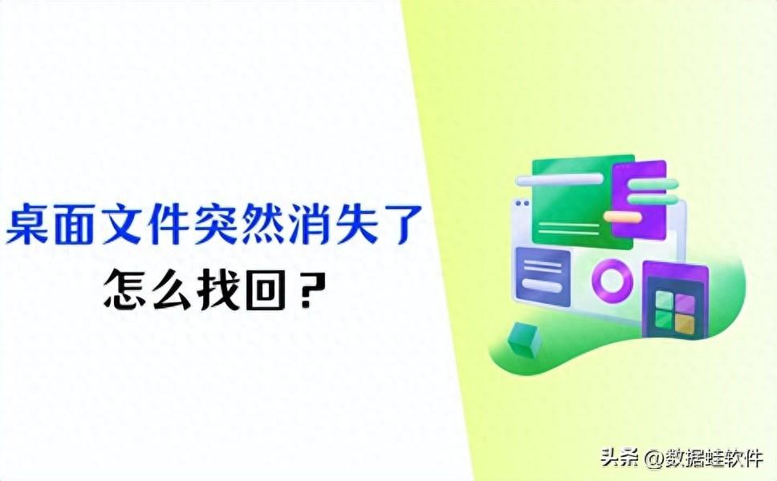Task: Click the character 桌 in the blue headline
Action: [x=30, y=224]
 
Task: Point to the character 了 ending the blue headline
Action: [x=401, y=224]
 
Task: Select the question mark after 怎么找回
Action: [x=304, y=291]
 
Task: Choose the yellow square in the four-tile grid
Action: [x=684, y=321]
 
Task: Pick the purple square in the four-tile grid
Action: [x=684, y=302]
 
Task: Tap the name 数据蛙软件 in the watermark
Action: [x=712, y=459]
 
